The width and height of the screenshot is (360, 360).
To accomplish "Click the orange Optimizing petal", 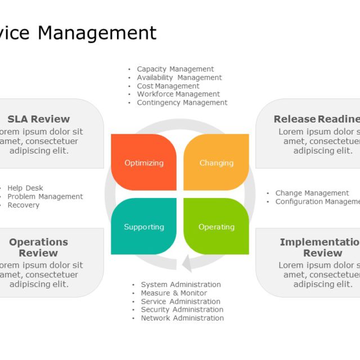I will pyautogui.click(x=144, y=163).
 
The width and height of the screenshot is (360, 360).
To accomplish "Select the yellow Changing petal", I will pyautogui.click(x=217, y=163).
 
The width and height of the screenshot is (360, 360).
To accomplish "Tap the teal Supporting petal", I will pyautogui.click(x=144, y=227).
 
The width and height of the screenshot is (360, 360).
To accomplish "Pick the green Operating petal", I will pyautogui.click(x=217, y=227).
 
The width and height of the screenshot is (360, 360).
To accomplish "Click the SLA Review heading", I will pyautogui.click(x=39, y=119).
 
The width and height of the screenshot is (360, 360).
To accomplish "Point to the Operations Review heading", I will pyautogui.click(x=38, y=247).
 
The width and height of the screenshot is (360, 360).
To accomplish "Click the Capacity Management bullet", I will pyautogui.click(x=175, y=69).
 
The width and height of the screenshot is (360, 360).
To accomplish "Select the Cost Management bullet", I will pyautogui.click(x=168, y=86).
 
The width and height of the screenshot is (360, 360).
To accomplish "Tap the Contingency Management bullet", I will pyautogui.click(x=182, y=102).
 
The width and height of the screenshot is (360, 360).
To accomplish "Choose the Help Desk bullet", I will pyautogui.click(x=25, y=188).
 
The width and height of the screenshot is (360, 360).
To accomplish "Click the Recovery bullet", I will pyautogui.click(x=24, y=205).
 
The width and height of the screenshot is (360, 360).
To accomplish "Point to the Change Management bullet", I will pyautogui.click(x=312, y=193).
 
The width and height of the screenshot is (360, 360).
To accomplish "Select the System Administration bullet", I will pyautogui.click(x=181, y=285).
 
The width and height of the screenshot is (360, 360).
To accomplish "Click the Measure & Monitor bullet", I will pyautogui.click(x=174, y=293).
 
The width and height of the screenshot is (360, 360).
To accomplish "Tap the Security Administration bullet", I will pyautogui.click(x=182, y=309).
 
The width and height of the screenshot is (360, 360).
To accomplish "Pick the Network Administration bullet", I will pyautogui.click(x=182, y=318).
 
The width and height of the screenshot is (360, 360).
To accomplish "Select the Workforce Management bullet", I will pyautogui.click(x=178, y=94).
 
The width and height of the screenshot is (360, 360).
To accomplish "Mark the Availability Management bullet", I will pyautogui.click(x=179, y=78).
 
